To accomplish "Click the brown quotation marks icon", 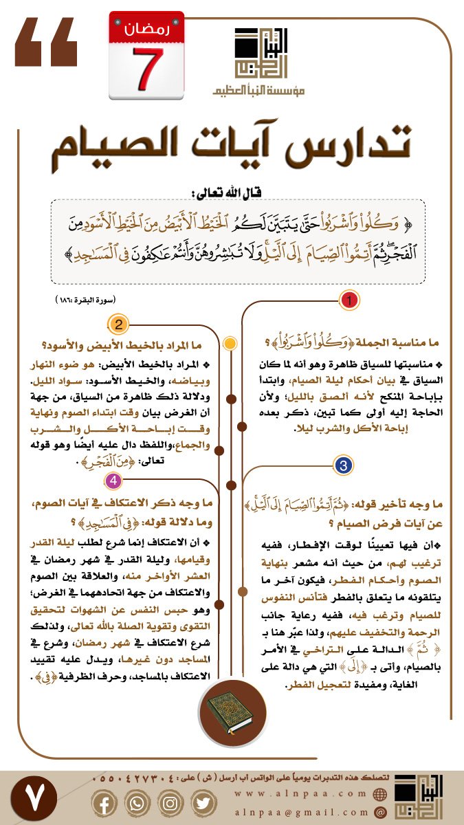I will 46,42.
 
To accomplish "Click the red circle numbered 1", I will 350,300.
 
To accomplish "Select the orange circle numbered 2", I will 119,324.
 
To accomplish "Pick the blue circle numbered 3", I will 342,465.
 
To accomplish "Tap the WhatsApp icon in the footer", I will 137,803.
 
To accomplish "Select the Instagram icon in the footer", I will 170,803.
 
